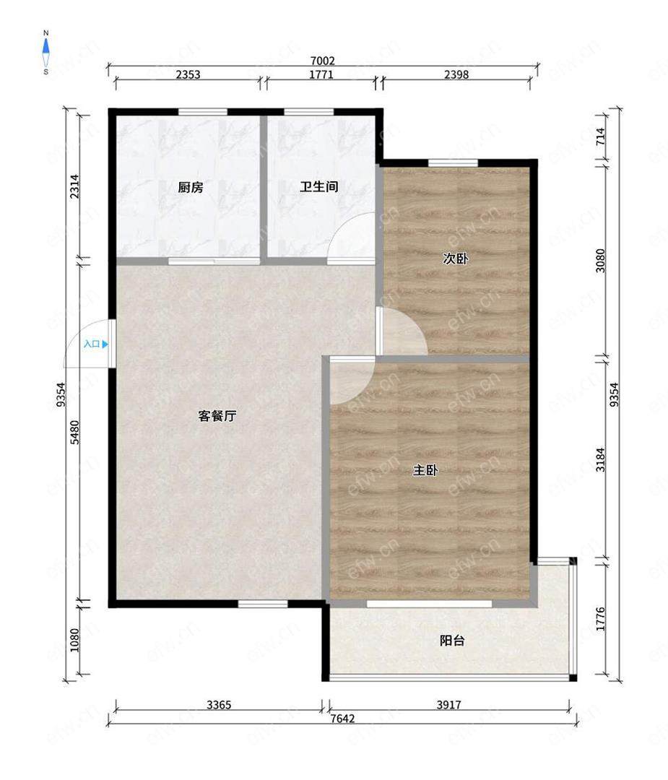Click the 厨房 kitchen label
[x=191, y=188]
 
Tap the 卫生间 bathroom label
[x=318, y=187]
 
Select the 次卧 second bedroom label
[x=455, y=259]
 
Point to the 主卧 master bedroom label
[x=425, y=470]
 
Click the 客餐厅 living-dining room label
[x=217, y=416]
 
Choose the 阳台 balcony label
[x=452, y=641]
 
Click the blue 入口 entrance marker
[x=95, y=344]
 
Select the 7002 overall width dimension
[x=322, y=61]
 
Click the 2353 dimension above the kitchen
[x=188, y=74]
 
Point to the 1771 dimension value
[x=321, y=74]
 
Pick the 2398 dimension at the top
[x=456, y=74]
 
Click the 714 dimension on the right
[x=600, y=136]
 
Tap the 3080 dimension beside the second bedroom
[x=600, y=260]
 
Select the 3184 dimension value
[x=600, y=459]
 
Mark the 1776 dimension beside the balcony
[x=600, y=619]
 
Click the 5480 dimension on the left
[x=74, y=433]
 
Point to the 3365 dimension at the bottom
[x=219, y=705]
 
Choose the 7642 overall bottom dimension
[x=343, y=719]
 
